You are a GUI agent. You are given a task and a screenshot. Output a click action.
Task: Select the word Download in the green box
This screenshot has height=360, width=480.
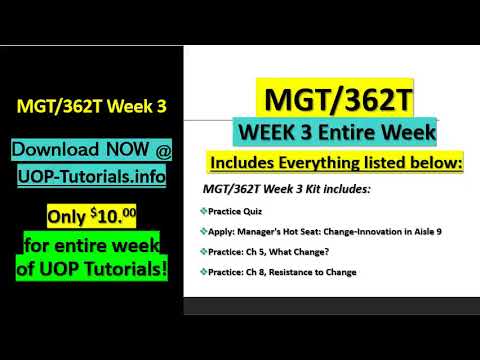point(56,150)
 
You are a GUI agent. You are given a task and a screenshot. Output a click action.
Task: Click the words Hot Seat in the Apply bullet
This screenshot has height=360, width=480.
point(317,232)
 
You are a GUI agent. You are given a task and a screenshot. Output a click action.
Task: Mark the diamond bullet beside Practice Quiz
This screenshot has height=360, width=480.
point(203,212)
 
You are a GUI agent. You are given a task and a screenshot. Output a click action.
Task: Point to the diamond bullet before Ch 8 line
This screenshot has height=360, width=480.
point(203,272)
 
